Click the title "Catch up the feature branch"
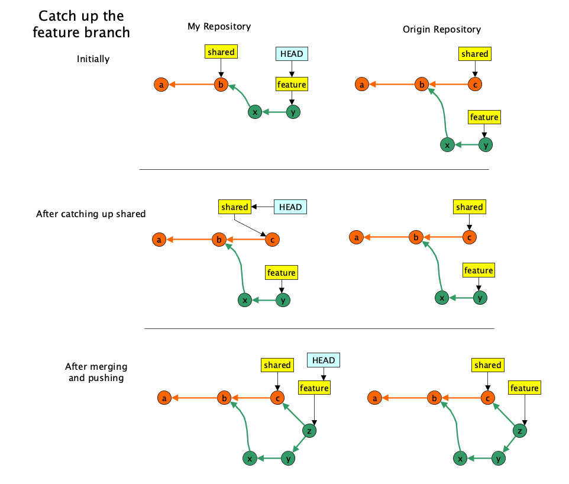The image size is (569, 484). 81,24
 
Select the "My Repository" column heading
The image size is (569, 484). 219,26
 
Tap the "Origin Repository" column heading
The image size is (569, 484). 441,29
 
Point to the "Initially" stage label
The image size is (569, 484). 93,59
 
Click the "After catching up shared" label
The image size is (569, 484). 90,214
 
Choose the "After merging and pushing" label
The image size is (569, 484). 96,372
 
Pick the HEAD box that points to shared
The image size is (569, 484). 290,207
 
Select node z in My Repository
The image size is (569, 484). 308,431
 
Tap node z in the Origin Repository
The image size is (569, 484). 519,431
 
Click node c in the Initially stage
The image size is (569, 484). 473,85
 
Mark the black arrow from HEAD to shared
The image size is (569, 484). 262,207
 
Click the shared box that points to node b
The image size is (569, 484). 221,52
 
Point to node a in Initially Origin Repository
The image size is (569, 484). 361,85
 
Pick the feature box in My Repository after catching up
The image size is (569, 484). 281,272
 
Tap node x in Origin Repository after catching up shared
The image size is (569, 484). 441,298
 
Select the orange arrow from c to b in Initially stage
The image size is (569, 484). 447,85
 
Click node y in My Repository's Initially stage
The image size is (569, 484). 292,112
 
